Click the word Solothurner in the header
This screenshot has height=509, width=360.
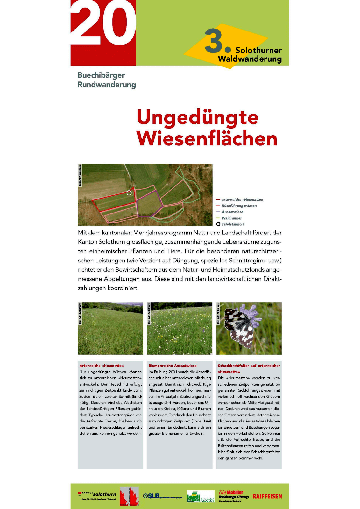tap(258, 50)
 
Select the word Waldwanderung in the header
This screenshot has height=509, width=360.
tap(250, 59)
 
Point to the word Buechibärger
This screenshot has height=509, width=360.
tap(101, 75)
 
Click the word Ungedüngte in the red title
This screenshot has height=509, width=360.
tap(197, 117)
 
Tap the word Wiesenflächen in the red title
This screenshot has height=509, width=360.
tap(207, 139)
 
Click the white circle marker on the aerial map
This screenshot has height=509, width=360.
tap(129, 193)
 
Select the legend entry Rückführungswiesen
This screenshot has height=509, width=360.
tap(239, 206)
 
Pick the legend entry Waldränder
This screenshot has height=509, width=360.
tap(232, 218)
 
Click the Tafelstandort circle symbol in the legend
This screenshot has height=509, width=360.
tap(218, 224)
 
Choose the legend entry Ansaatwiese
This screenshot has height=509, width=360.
tap(232, 212)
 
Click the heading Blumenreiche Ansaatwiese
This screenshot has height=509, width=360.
tap(173, 366)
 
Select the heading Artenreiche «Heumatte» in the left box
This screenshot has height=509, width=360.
tap(102, 366)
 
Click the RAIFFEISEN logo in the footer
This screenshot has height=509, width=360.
tap(267, 496)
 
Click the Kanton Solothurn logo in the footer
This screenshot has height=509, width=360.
tap(97, 495)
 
